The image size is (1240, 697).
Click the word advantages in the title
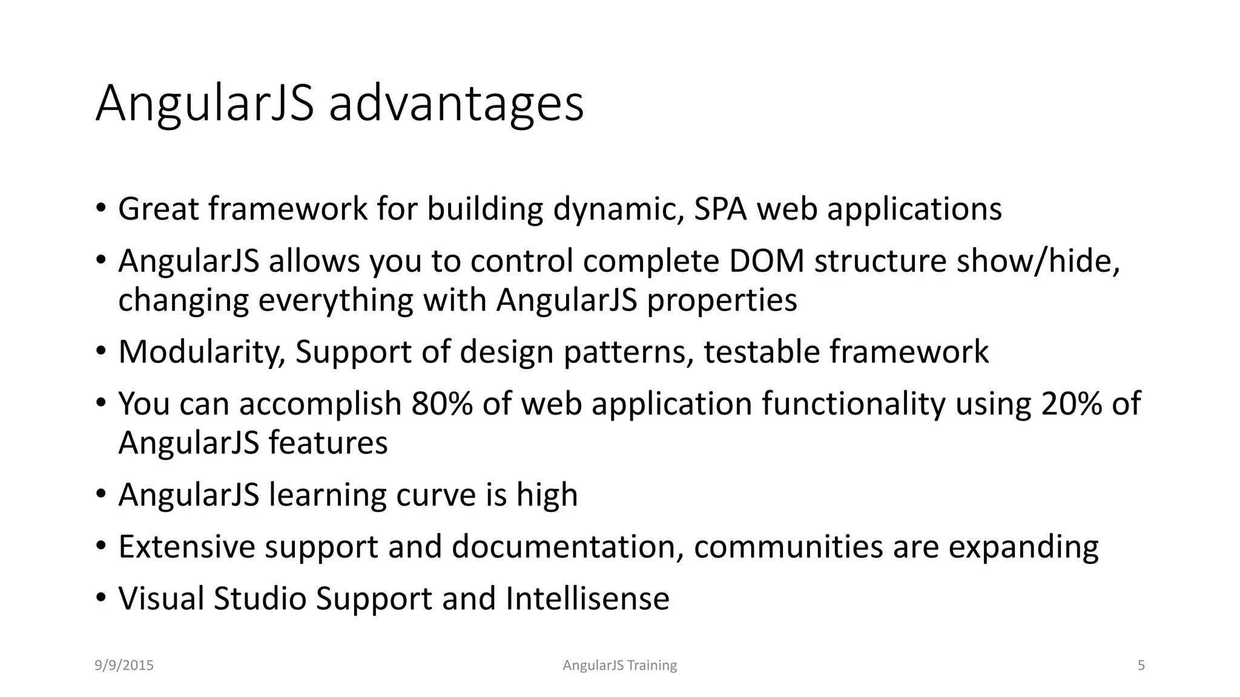point(456,104)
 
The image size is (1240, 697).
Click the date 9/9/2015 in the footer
point(124,666)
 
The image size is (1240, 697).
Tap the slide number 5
point(1141,666)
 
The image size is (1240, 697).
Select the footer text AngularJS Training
point(620,666)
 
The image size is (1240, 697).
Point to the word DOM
point(767,261)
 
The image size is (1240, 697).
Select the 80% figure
point(442,404)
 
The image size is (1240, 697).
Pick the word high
point(547,495)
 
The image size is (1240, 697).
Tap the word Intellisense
point(587,598)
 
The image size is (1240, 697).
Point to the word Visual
point(161,598)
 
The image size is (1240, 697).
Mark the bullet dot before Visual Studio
point(101,598)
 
